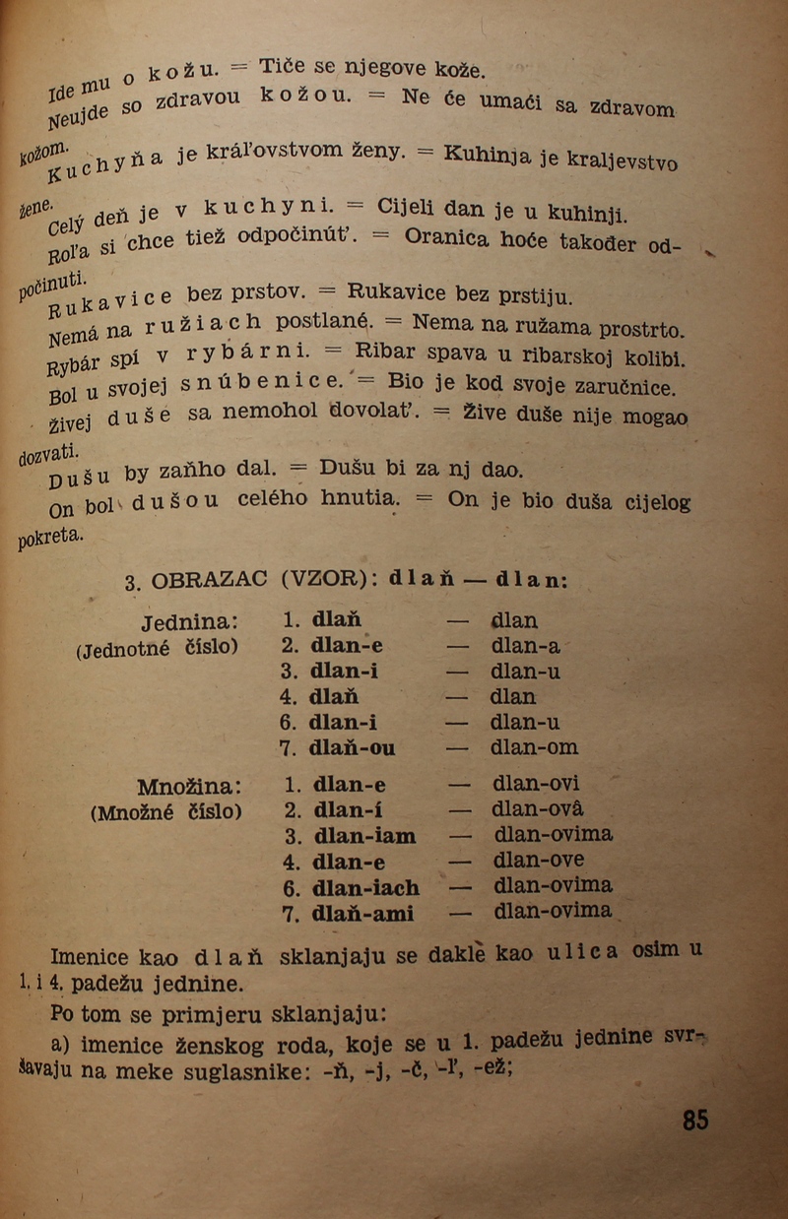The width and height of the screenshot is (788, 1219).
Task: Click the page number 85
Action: pos(695,1120)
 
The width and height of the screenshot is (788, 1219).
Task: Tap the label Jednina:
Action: pos(190,623)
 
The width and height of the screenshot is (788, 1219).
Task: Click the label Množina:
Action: pos(190,787)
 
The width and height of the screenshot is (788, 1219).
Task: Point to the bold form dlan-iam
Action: pos(363,836)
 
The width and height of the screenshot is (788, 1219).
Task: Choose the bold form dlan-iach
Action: pos(365,887)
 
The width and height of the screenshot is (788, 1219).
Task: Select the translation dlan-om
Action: pos(535,747)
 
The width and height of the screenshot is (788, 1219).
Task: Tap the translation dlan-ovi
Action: pos(537,785)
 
